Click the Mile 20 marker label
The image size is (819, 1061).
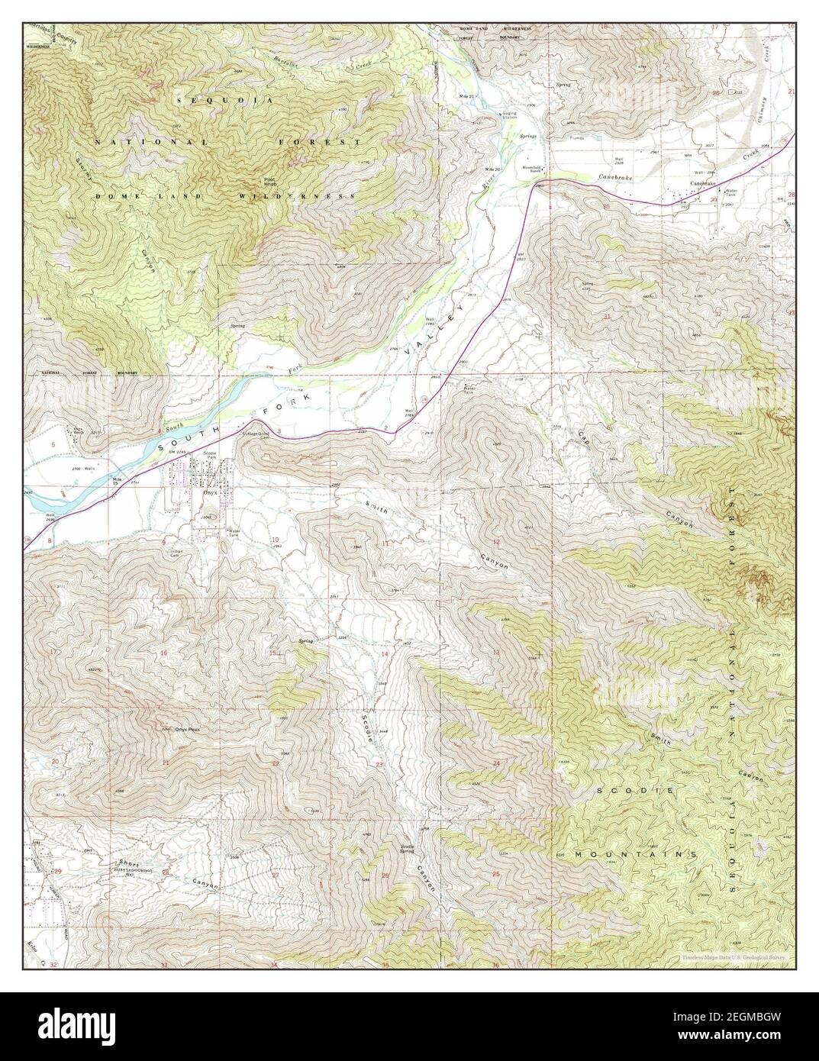[492, 169]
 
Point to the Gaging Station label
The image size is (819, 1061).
[509, 115]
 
